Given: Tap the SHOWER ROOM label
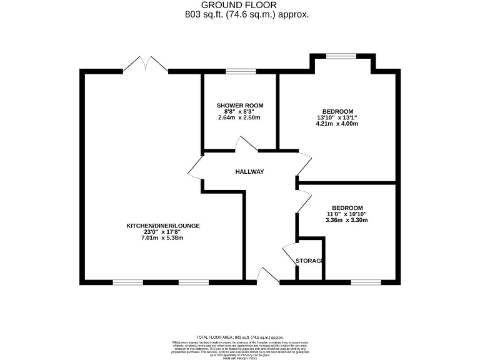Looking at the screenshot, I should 240,105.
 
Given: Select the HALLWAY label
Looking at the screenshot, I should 250,172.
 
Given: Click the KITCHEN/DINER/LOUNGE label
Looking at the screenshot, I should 163,226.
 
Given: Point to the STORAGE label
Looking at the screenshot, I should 309,260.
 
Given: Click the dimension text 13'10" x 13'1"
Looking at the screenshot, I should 337,117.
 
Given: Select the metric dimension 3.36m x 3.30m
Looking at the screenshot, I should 347,220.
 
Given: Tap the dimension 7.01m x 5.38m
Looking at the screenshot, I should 163,238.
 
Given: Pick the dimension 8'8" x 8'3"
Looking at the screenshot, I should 240,111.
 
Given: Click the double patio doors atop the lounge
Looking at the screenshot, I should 145,64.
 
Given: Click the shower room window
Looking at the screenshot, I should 240,71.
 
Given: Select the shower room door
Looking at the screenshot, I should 246,145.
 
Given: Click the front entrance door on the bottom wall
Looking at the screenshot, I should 269,276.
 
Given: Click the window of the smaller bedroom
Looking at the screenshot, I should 365,282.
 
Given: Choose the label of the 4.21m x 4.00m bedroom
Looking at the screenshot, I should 337,111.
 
